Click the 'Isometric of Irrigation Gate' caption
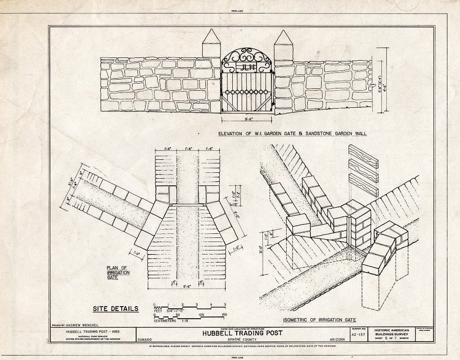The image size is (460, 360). click(x=319, y=320)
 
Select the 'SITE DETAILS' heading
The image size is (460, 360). click(x=115, y=308)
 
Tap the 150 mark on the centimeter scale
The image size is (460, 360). click(x=224, y=315)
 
